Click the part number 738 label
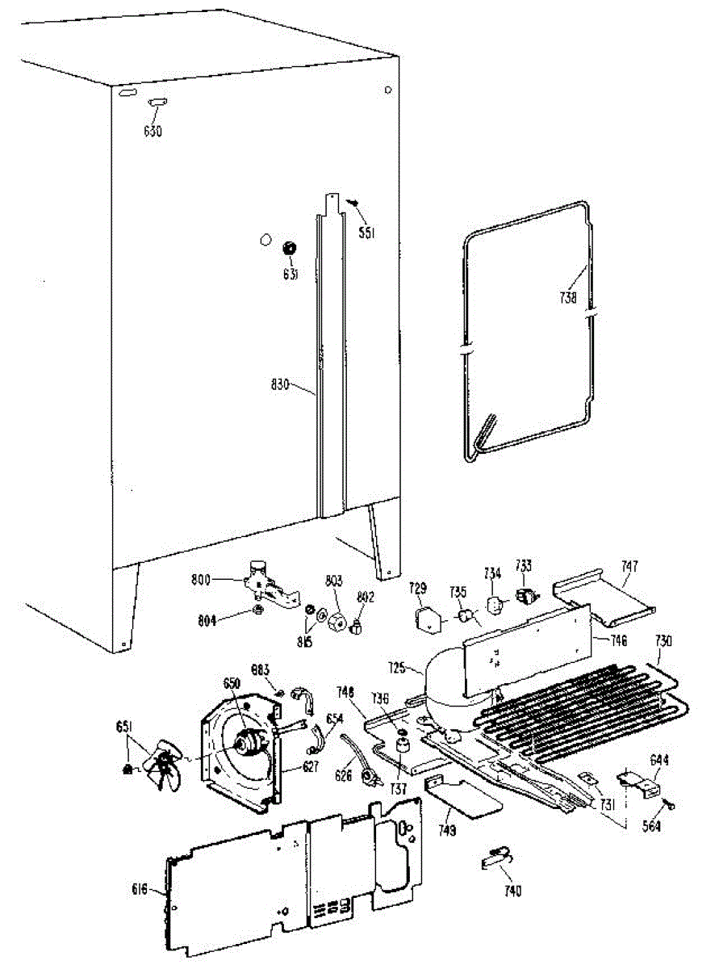point(568,297)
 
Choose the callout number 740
point(512,891)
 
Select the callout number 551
point(366,233)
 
